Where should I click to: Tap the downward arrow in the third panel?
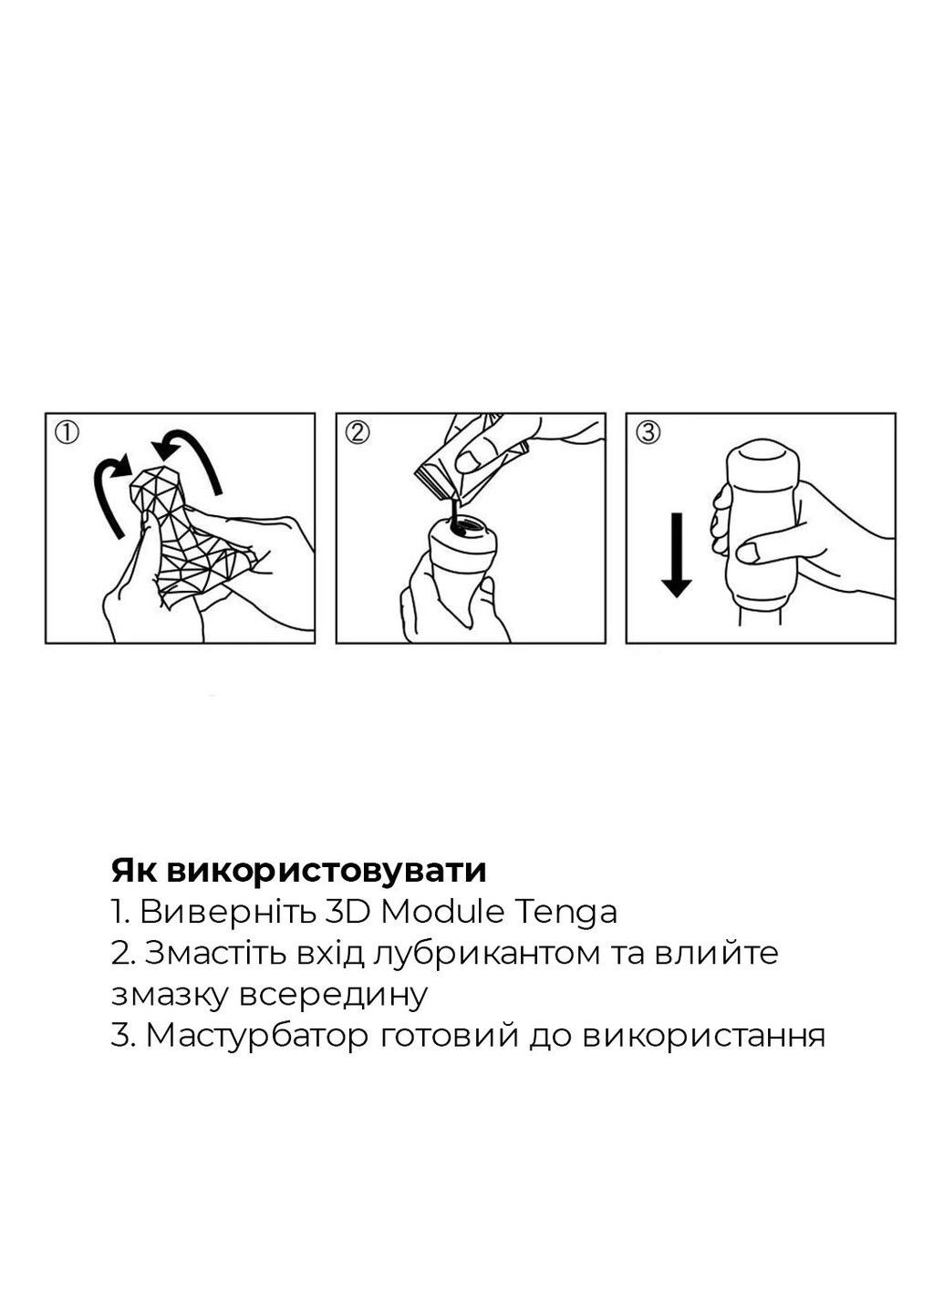pyautogui.click(x=677, y=554)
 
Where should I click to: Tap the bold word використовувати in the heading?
pyautogui.click(x=327, y=872)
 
